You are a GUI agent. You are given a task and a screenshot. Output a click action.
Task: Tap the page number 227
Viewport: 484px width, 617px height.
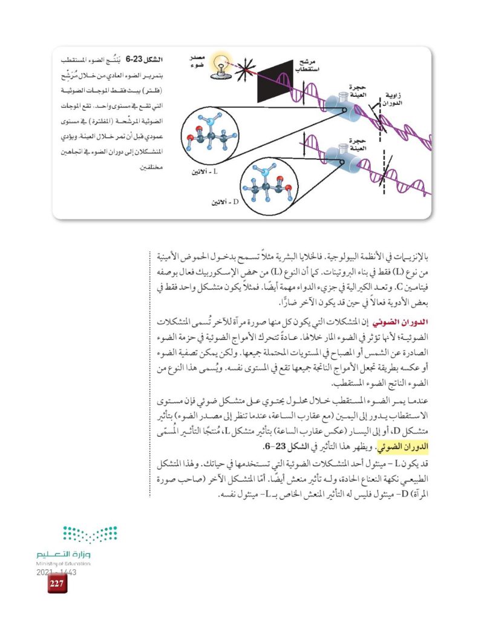pos(57,584)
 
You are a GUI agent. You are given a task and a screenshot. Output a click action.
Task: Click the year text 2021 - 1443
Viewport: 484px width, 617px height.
pos(56,572)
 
